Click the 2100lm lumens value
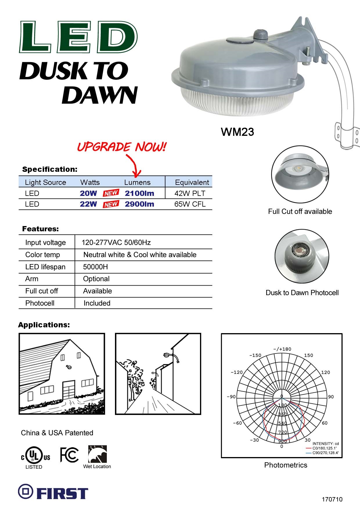(139, 193)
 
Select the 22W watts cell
(88, 204)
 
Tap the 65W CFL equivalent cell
(190, 204)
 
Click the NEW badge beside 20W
(111, 193)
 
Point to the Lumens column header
(137, 182)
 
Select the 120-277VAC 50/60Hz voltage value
(116, 242)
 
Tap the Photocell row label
(40, 303)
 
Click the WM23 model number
(237, 132)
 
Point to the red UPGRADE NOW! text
(122, 147)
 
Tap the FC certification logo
(69, 455)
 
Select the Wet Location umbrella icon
(97, 454)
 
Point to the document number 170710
(332, 499)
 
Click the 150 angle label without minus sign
(309, 355)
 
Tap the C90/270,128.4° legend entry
(322, 453)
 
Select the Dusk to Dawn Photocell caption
(302, 293)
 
